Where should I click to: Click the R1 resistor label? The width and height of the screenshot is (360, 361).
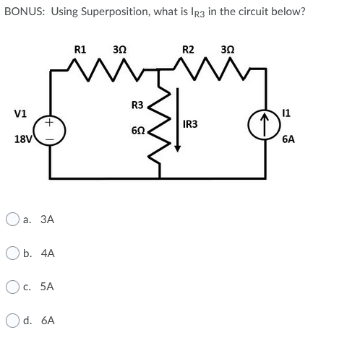(x=81, y=50)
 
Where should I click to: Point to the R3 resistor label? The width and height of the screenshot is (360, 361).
(x=137, y=106)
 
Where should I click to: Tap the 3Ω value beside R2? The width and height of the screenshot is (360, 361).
(x=226, y=50)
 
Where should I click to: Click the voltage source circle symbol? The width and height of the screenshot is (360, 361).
(x=50, y=132)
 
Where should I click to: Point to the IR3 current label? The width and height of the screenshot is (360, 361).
(x=192, y=125)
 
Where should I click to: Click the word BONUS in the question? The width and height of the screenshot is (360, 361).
(x=22, y=12)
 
